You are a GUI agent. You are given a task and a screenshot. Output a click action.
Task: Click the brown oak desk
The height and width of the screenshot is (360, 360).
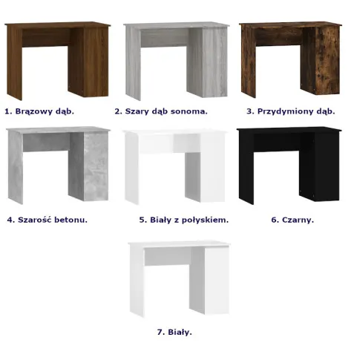point(57,61)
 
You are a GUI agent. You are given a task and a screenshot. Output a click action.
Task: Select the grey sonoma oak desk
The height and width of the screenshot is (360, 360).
point(176,61)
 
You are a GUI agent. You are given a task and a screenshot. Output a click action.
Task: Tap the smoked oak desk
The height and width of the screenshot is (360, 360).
point(290,59)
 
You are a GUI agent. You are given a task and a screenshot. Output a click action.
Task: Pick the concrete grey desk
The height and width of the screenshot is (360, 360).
point(58,166)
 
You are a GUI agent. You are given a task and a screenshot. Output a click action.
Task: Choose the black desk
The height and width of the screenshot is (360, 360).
point(289,166)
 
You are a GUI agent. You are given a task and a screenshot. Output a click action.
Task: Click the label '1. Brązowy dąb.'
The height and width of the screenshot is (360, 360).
point(39,111)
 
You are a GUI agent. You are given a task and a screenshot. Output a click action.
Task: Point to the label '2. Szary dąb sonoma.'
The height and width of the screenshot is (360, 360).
point(161,111)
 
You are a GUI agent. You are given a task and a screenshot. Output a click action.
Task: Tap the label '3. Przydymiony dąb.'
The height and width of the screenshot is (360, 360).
point(291,111)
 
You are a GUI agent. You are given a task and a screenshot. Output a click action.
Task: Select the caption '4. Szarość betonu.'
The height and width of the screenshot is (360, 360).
point(48,220)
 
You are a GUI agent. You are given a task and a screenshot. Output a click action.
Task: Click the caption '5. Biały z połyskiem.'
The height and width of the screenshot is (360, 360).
point(184,220)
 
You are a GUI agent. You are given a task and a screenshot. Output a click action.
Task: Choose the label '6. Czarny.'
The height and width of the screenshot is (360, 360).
point(292,220)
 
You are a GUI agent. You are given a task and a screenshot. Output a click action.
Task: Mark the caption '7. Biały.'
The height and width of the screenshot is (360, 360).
point(174,332)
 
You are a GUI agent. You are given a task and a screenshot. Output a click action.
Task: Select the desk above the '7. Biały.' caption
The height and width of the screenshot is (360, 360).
point(180,278)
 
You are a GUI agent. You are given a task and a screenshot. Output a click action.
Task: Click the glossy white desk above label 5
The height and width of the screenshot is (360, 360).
point(175,167)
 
